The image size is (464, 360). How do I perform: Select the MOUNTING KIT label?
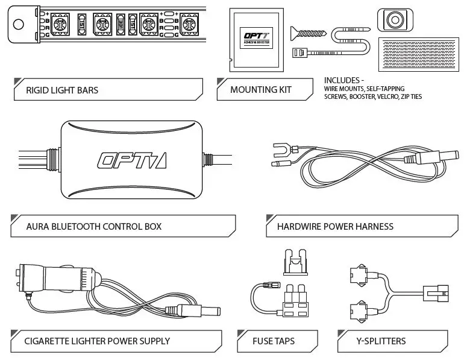click(260, 90)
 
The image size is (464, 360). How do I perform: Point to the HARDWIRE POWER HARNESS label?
click(334, 227)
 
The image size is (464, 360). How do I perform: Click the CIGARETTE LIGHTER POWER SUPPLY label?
click(97, 341)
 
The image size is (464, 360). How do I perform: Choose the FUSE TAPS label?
click(274, 341)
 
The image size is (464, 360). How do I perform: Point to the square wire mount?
click(397, 19)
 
